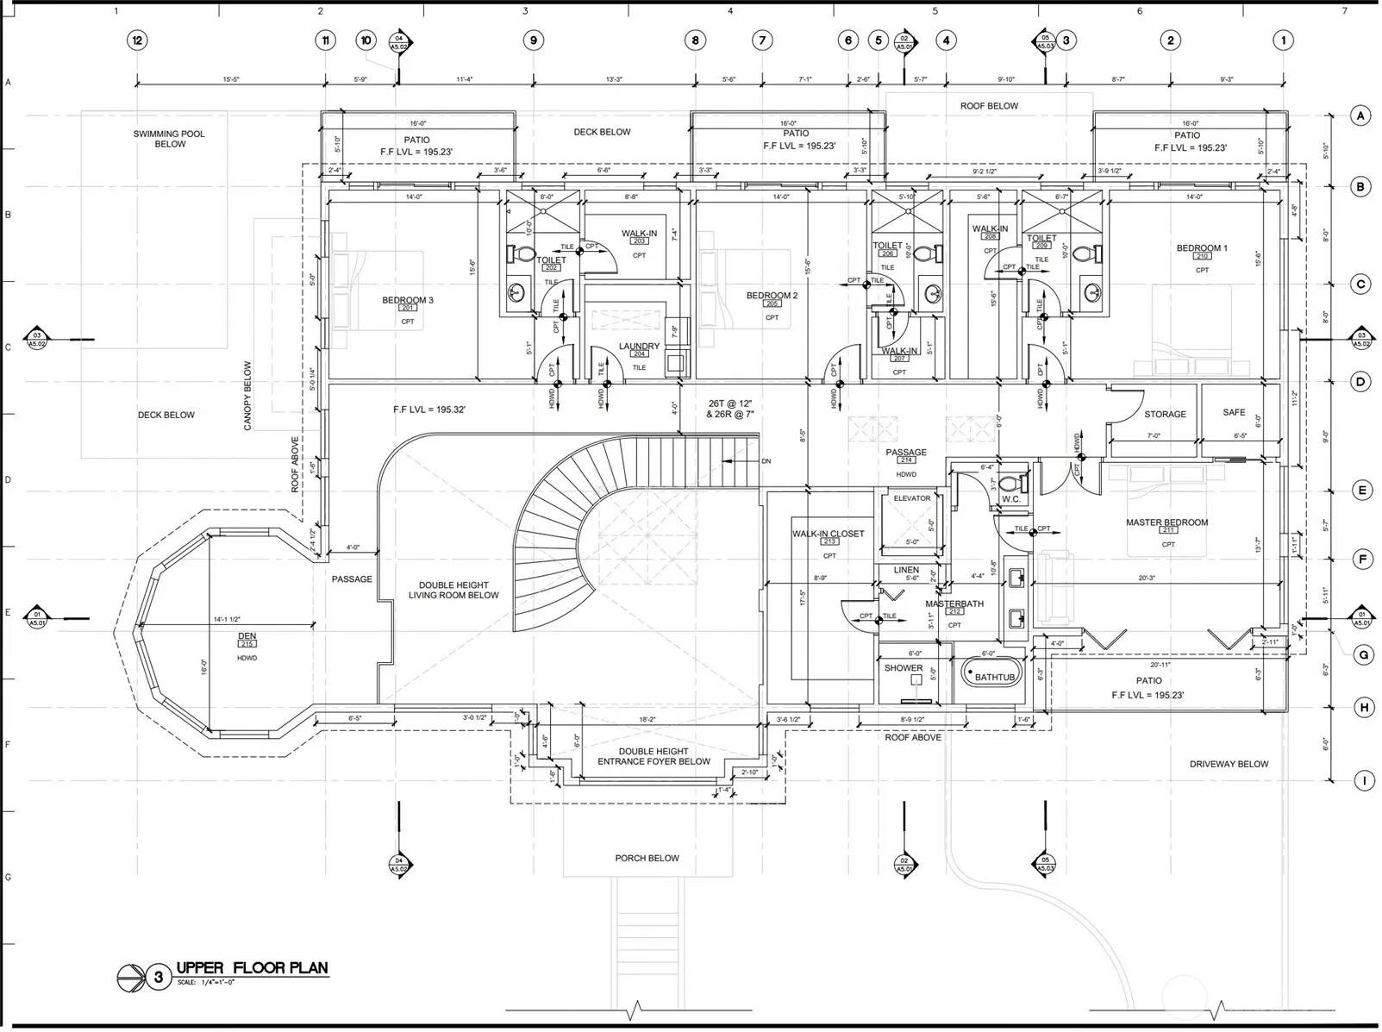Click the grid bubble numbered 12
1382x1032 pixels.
(x=136, y=41)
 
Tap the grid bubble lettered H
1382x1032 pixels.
(x=1364, y=708)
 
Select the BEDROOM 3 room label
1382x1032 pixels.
(x=408, y=300)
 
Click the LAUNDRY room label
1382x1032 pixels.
(x=639, y=347)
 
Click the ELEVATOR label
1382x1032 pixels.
(x=911, y=498)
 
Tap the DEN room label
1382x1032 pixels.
(x=247, y=636)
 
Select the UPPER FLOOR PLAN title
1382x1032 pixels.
(x=252, y=968)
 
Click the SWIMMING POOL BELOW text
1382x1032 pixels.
(x=169, y=139)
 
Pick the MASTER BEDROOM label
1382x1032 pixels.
(x=1166, y=522)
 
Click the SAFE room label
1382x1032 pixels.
(x=1234, y=413)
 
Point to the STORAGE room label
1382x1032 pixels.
(x=1165, y=415)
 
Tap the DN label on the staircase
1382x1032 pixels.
(x=766, y=461)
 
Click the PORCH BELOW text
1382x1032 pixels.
(x=647, y=859)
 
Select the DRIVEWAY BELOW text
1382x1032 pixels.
(x=1229, y=764)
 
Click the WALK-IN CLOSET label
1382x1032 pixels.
(x=828, y=534)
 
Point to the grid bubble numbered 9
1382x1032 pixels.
(x=533, y=41)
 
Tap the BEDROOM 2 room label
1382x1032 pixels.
(x=772, y=296)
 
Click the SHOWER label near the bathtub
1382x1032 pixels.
(x=904, y=668)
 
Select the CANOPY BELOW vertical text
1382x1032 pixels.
(x=247, y=396)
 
